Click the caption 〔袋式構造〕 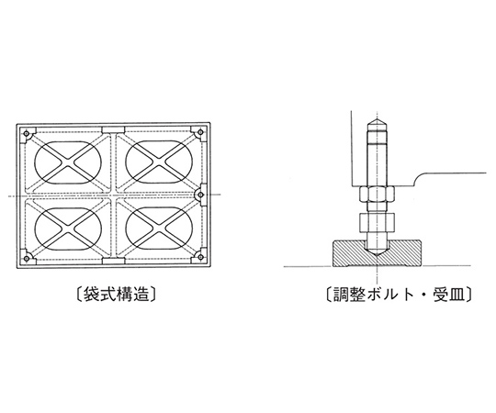click(117, 295)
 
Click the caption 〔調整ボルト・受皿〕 click(399, 295)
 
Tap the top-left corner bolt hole click(27, 133)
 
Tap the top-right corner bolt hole click(200, 132)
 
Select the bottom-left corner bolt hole click(27, 259)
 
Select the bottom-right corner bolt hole click(200, 257)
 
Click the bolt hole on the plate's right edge click(200, 195)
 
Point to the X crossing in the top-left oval click(68, 162)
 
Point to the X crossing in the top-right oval click(159, 162)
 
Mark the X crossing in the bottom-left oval click(68, 229)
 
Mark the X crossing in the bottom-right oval click(159, 229)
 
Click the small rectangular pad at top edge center click(113, 130)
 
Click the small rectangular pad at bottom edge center click(113, 261)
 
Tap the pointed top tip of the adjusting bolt click(377, 118)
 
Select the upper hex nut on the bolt click(377, 195)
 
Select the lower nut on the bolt click(377, 222)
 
